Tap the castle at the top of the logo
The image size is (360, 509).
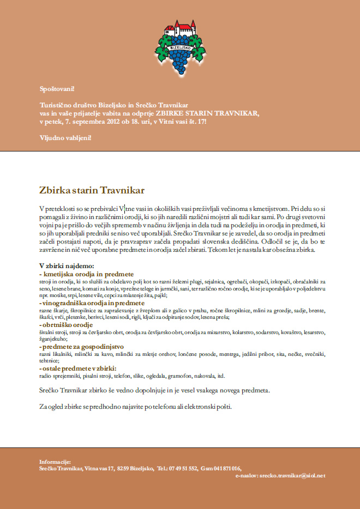coord(179,31)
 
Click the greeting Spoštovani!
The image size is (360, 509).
coord(57,88)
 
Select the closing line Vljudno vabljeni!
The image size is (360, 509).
coord(65,137)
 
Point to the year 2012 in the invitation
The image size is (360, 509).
coord(106,120)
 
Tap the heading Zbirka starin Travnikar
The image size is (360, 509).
coord(91,190)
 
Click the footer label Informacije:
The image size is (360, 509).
coord(55,462)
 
